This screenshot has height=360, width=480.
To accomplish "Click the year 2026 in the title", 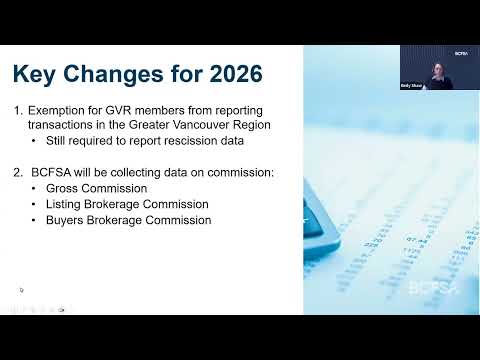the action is coord(236,73).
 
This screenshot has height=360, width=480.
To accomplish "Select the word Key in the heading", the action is coord(34,75).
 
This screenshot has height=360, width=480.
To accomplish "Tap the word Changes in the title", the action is coord(113,75).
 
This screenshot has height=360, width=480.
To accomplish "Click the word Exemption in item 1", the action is coord(56,111).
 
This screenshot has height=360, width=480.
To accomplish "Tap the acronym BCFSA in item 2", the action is coord(51,172).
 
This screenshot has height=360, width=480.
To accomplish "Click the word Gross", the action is coord(62,188).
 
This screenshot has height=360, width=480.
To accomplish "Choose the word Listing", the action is coord(63,204).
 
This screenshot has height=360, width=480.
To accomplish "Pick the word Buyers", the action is coord(64,220).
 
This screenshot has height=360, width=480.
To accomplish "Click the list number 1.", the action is coord(18,110).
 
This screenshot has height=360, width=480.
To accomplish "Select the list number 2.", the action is coord(18,172).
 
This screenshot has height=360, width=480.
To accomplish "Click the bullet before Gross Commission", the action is coord(33,189).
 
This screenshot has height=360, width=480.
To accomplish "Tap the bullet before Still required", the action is coord(33,141).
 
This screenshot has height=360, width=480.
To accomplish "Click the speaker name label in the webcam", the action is coord(411,86).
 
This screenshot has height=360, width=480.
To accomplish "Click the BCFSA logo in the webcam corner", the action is coord(461,53).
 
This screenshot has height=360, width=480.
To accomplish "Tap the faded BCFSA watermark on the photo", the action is coord(433,288).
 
